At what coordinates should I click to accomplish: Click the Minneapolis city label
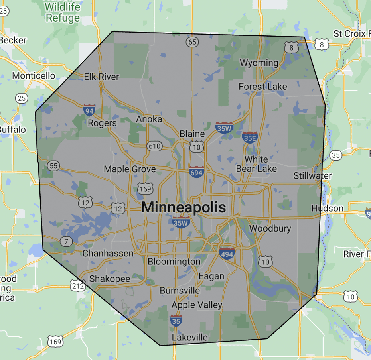(x=184, y=207)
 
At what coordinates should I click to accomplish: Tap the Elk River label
(x=101, y=77)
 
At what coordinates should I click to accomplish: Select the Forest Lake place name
(x=262, y=87)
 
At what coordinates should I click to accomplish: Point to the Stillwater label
(x=312, y=175)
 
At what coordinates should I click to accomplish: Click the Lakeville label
(x=189, y=338)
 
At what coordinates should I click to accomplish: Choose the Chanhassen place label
(x=108, y=253)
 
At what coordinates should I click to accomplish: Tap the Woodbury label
(x=270, y=229)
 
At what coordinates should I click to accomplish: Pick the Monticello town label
(x=34, y=75)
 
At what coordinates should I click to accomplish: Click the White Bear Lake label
(x=256, y=164)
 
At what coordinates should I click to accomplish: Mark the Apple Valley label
(x=197, y=305)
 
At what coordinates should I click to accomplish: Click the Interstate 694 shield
(x=196, y=171)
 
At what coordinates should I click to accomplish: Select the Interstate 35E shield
(x=249, y=138)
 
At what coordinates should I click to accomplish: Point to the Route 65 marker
(x=192, y=42)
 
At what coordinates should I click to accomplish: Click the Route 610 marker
(x=154, y=146)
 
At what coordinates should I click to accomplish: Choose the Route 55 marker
(x=53, y=165)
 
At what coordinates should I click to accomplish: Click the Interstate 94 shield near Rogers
(x=89, y=110)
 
